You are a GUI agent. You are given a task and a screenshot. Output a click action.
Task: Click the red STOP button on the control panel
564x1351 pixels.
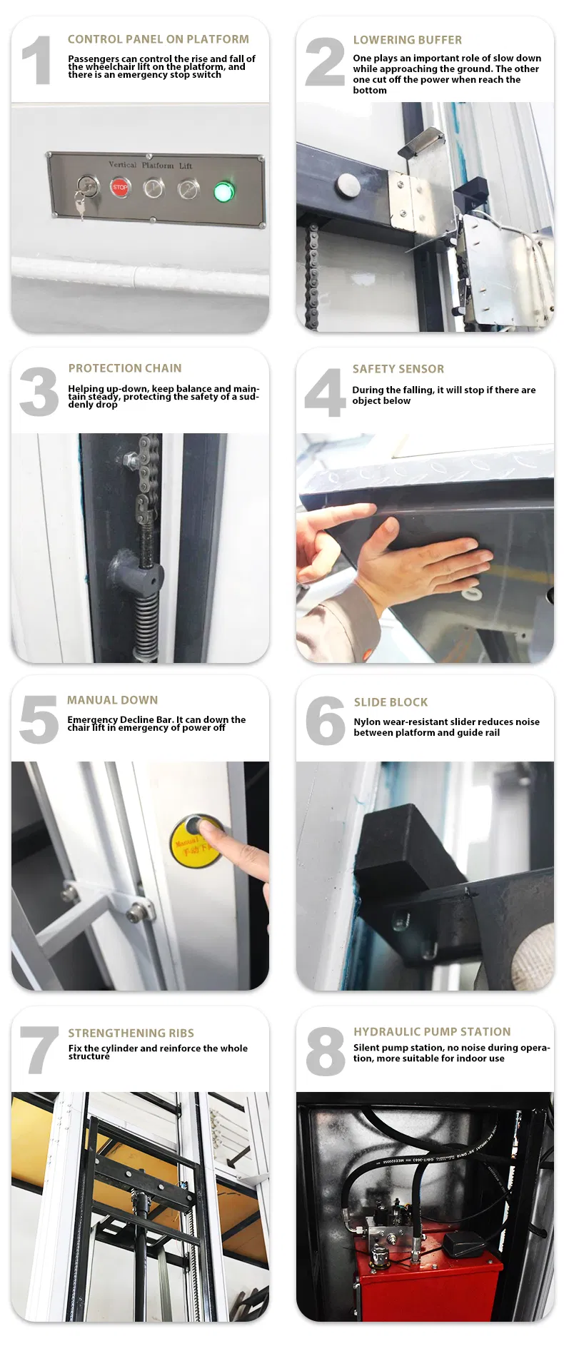pos(120,188)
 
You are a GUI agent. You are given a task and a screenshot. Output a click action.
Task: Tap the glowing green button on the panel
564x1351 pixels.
pos(223,191)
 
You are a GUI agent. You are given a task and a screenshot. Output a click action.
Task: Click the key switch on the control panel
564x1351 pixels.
pos(85,188)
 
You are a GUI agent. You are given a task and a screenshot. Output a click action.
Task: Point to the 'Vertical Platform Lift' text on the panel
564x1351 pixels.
pos(150,165)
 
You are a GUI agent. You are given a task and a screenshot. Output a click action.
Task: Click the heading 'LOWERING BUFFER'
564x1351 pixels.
pos(407,40)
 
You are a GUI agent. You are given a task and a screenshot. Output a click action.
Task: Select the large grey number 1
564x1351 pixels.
pos(36,61)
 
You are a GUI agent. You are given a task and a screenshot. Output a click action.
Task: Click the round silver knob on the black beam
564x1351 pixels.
pos(348,185)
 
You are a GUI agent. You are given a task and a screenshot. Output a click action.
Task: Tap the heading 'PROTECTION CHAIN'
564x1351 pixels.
pos(125,368)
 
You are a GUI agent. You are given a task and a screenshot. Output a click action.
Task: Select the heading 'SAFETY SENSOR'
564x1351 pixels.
pos(398,369)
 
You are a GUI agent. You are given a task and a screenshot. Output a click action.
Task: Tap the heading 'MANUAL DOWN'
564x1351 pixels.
pos(112,700)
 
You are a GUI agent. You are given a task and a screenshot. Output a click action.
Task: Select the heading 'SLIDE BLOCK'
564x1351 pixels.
pos(391,702)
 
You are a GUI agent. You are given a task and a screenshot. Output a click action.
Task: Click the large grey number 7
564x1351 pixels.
pos(39,1050)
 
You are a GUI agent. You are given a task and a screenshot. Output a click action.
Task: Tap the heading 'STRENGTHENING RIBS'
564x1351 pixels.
pos(131,1033)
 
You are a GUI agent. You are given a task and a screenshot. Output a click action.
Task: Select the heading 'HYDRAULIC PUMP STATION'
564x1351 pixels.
pos(432,1031)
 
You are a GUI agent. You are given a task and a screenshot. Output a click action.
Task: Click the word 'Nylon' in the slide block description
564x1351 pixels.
pos(367,722)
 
